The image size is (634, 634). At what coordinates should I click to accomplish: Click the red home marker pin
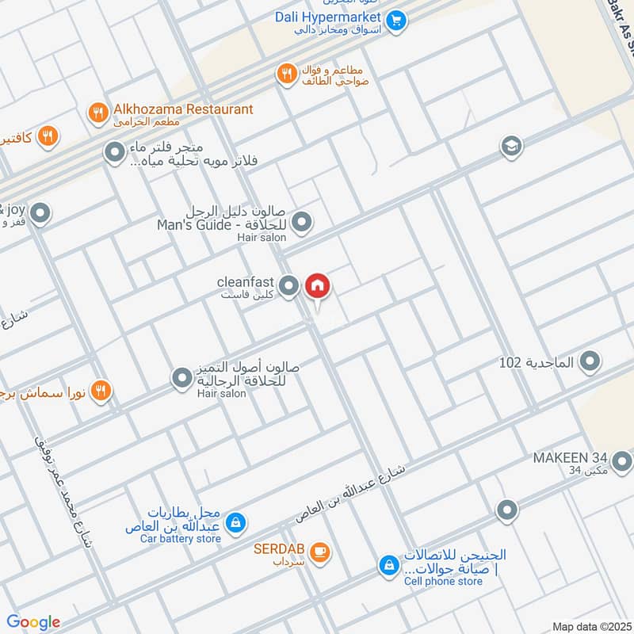pyautogui.click(x=317, y=285)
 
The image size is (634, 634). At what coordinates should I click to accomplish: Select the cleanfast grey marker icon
pyautogui.click(x=289, y=285)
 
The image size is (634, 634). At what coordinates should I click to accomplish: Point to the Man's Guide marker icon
pyautogui.click(x=301, y=225)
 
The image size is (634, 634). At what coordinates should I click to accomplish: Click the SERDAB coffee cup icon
pyautogui.click(x=319, y=552)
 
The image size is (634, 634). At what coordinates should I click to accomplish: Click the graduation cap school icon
pyautogui.click(x=511, y=146)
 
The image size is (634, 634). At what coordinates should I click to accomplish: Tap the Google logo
pyautogui.click(x=33, y=622)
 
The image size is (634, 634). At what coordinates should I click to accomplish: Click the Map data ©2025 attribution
pyautogui.click(x=590, y=626)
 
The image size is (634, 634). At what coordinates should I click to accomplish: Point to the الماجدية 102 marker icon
pyautogui.click(x=590, y=363)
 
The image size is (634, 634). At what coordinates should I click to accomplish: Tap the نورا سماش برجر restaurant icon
pyautogui.click(x=101, y=390)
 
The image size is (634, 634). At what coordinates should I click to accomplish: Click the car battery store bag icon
pyautogui.click(x=235, y=523)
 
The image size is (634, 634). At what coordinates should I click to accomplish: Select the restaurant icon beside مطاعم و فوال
pyautogui.click(x=285, y=74)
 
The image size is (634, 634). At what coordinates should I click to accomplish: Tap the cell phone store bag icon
pyautogui.click(x=388, y=565)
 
